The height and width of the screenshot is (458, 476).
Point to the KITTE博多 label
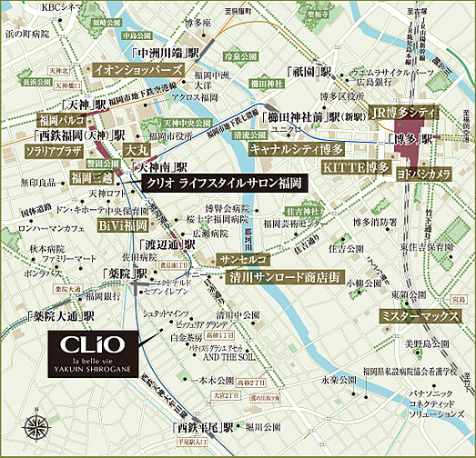click(x=355, y=168)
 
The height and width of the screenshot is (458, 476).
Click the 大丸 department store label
click(x=137, y=148)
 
